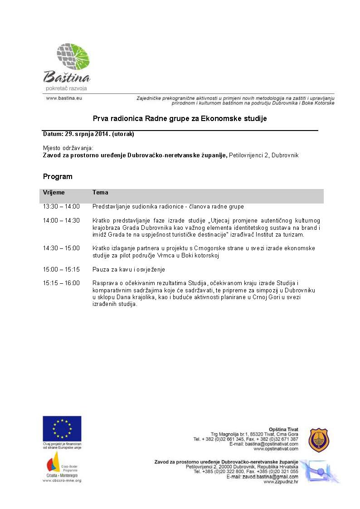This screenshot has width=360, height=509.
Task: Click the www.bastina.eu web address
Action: click(x=64, y=97)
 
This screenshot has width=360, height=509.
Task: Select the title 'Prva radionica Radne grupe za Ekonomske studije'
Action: click(x=180, y=119)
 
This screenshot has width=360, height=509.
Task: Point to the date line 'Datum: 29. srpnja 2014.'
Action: click(x=88, y=134)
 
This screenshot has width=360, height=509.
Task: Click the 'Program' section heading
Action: click(x=58, y=176)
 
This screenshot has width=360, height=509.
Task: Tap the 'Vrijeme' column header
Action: click(x=54, y=193)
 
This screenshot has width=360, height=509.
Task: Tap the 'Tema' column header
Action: click(x=100, y=193)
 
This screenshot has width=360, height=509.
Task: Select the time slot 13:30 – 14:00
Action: click(x=61, y=207)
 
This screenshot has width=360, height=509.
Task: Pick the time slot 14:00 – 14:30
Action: click(x=61, y=221)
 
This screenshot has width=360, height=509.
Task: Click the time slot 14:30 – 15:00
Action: click(x=61, y=248)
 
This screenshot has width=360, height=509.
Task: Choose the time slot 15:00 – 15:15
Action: click(x=61, y=269)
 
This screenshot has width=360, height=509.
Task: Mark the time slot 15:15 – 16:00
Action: click(x=61, y=283)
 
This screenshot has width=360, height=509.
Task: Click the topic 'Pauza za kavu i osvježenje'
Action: click(x=129, y=269)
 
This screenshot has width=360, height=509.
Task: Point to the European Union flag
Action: click(x=62, y=428)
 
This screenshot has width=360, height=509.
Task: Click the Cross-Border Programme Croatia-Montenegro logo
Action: click(x=62, y=465)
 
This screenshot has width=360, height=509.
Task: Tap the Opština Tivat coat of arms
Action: click(x=319, y=440)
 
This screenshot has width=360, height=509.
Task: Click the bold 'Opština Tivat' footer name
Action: click(x=283, y=429)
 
